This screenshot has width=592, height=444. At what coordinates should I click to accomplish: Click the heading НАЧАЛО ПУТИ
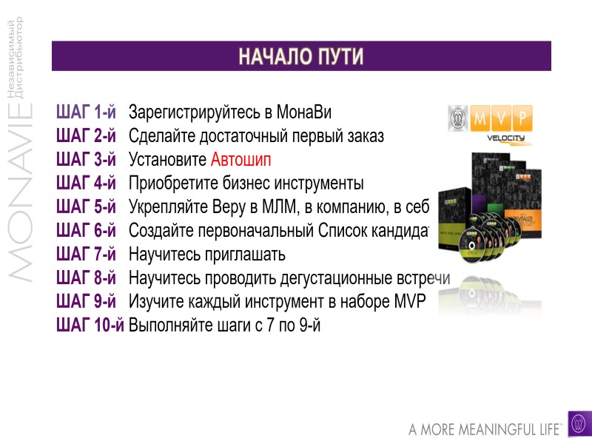301,57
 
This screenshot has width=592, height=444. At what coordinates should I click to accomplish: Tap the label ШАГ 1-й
86,113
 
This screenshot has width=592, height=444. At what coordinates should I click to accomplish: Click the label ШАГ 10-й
90,325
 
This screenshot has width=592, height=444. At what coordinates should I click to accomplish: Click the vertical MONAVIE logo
20,192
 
